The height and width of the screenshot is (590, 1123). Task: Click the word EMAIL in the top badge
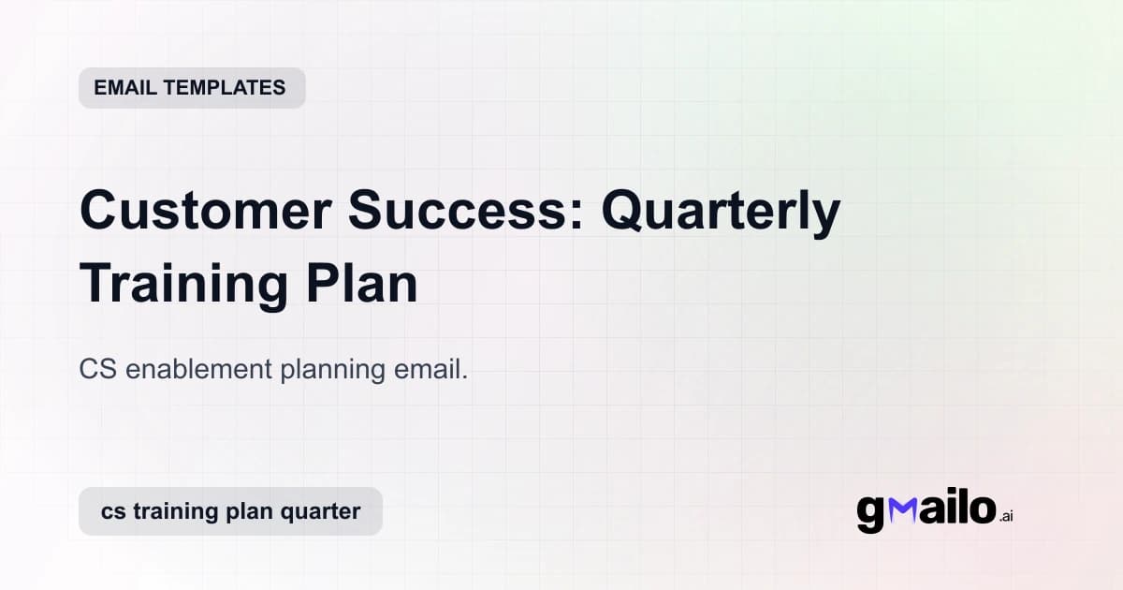pyautogui.click(x=125, y=88)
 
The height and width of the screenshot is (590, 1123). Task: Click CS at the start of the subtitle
pyautogui.click(x=97, y=369)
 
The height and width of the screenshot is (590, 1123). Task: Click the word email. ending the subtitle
pyautogui.click(x=429, y=369)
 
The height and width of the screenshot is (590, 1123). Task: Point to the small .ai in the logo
pyautogui.click(x=1006, y=516)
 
